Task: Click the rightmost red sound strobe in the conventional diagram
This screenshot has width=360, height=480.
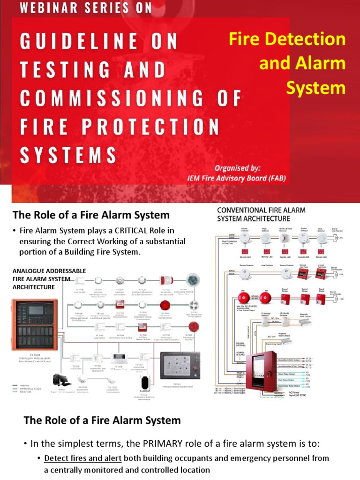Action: tap(322, 299)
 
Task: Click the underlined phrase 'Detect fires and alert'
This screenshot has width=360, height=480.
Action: tap(82, 458)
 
